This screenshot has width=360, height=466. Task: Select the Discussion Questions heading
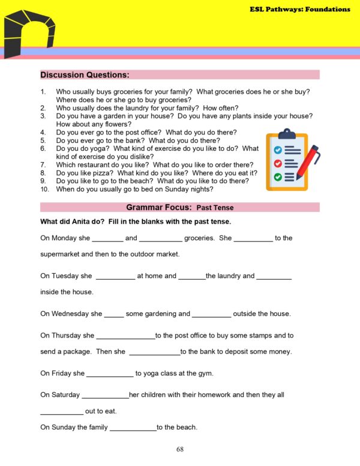pos(85,75)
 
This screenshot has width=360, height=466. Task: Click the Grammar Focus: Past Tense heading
pos(180,208)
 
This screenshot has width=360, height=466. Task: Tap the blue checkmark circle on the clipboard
pos(277,150)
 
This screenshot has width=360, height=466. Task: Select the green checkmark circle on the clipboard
pos(277,177)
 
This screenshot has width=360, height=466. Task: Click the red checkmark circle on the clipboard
pos(277,163)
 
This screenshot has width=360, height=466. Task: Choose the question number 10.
pos(44,189)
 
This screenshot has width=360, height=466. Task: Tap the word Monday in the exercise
pos(64,238)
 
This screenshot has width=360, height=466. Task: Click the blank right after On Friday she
pos(110,374)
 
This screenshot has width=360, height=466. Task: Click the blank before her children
pos(105,396)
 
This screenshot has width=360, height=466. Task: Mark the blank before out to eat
pos(62,413)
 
